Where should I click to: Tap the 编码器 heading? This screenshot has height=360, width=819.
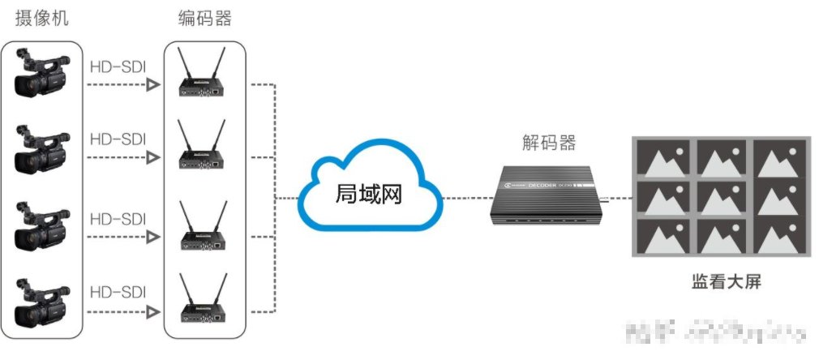pyautogui.click(x=204, y=18)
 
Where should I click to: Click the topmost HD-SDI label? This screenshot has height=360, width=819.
pyautogui.click(x=118, y=66)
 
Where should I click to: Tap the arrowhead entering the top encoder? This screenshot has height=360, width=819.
pyautogui.click(x=152, y=84)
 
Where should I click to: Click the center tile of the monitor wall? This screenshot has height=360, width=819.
pyautogui.click(x=723, y=197)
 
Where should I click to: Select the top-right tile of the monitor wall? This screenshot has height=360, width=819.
pyautogui.click(x=779, y=157)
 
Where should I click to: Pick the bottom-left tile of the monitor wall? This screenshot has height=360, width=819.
pyautogui.click(x=663, y=236)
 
